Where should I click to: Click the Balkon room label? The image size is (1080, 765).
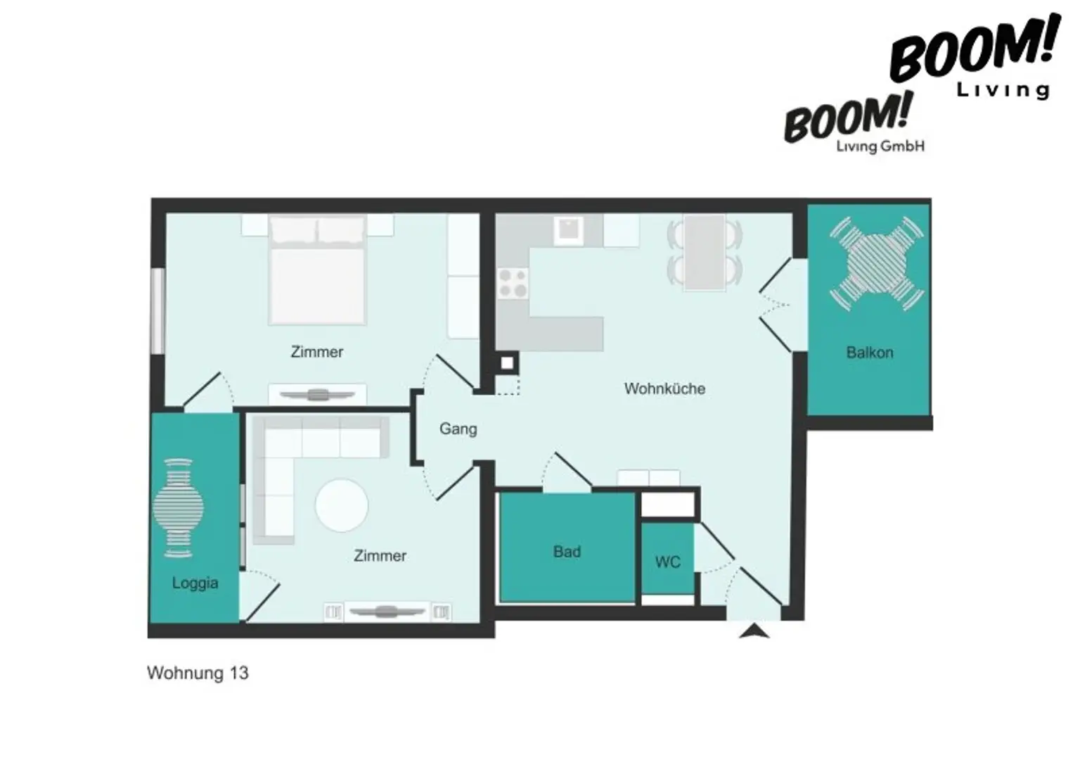(870, 353)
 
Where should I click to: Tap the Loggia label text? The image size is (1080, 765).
(195, 583)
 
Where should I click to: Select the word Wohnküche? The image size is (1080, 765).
(665, 388)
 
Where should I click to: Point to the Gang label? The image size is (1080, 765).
(458, 429)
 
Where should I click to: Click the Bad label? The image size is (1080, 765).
(567, 552)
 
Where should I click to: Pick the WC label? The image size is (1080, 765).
(668, 562)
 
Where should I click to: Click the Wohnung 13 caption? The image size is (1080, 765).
(198, 673)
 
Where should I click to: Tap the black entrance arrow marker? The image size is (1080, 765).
(754, 631)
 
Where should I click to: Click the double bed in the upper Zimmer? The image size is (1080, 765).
(317, 270)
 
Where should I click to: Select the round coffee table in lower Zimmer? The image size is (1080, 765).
(342, 505)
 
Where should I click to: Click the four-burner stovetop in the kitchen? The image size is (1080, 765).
(513, 284)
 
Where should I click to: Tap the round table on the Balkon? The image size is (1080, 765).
(877, 263)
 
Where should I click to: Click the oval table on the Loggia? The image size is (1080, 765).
(179, 508)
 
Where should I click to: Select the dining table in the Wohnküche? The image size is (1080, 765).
(705, 253)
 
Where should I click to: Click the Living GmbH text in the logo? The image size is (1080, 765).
(880, 146)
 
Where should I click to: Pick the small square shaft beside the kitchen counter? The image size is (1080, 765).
(507, 362)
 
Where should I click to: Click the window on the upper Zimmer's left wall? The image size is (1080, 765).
(157, 311)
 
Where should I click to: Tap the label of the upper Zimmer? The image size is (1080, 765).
(317, 352)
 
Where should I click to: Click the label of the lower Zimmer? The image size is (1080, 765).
(380, 555)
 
